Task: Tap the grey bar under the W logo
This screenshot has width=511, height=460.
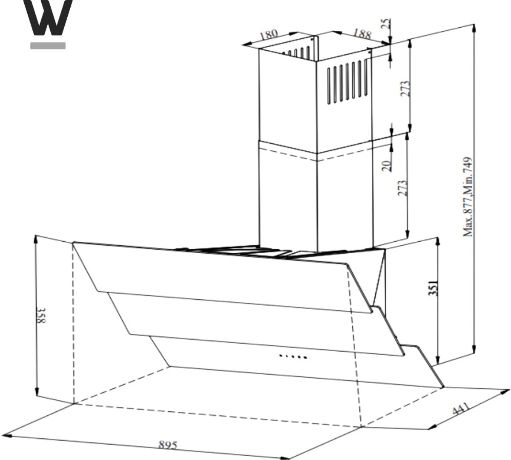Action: point(48,46)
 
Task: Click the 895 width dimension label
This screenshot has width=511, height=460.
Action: point(168,445)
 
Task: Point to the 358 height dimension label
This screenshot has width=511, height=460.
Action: point(41,315)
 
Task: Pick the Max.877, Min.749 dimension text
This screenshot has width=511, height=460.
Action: point(468,197)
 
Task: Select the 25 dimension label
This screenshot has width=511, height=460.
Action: point(386,23)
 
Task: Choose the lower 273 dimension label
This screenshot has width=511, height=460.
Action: point(402,188)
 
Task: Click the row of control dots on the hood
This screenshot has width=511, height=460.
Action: point(293,356)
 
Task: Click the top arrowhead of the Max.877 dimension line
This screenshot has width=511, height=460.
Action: point(474,28)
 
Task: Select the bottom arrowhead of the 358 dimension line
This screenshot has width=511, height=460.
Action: point(37,392)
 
